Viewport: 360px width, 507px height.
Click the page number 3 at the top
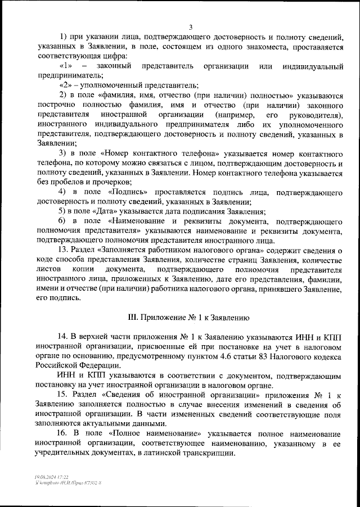191,27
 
